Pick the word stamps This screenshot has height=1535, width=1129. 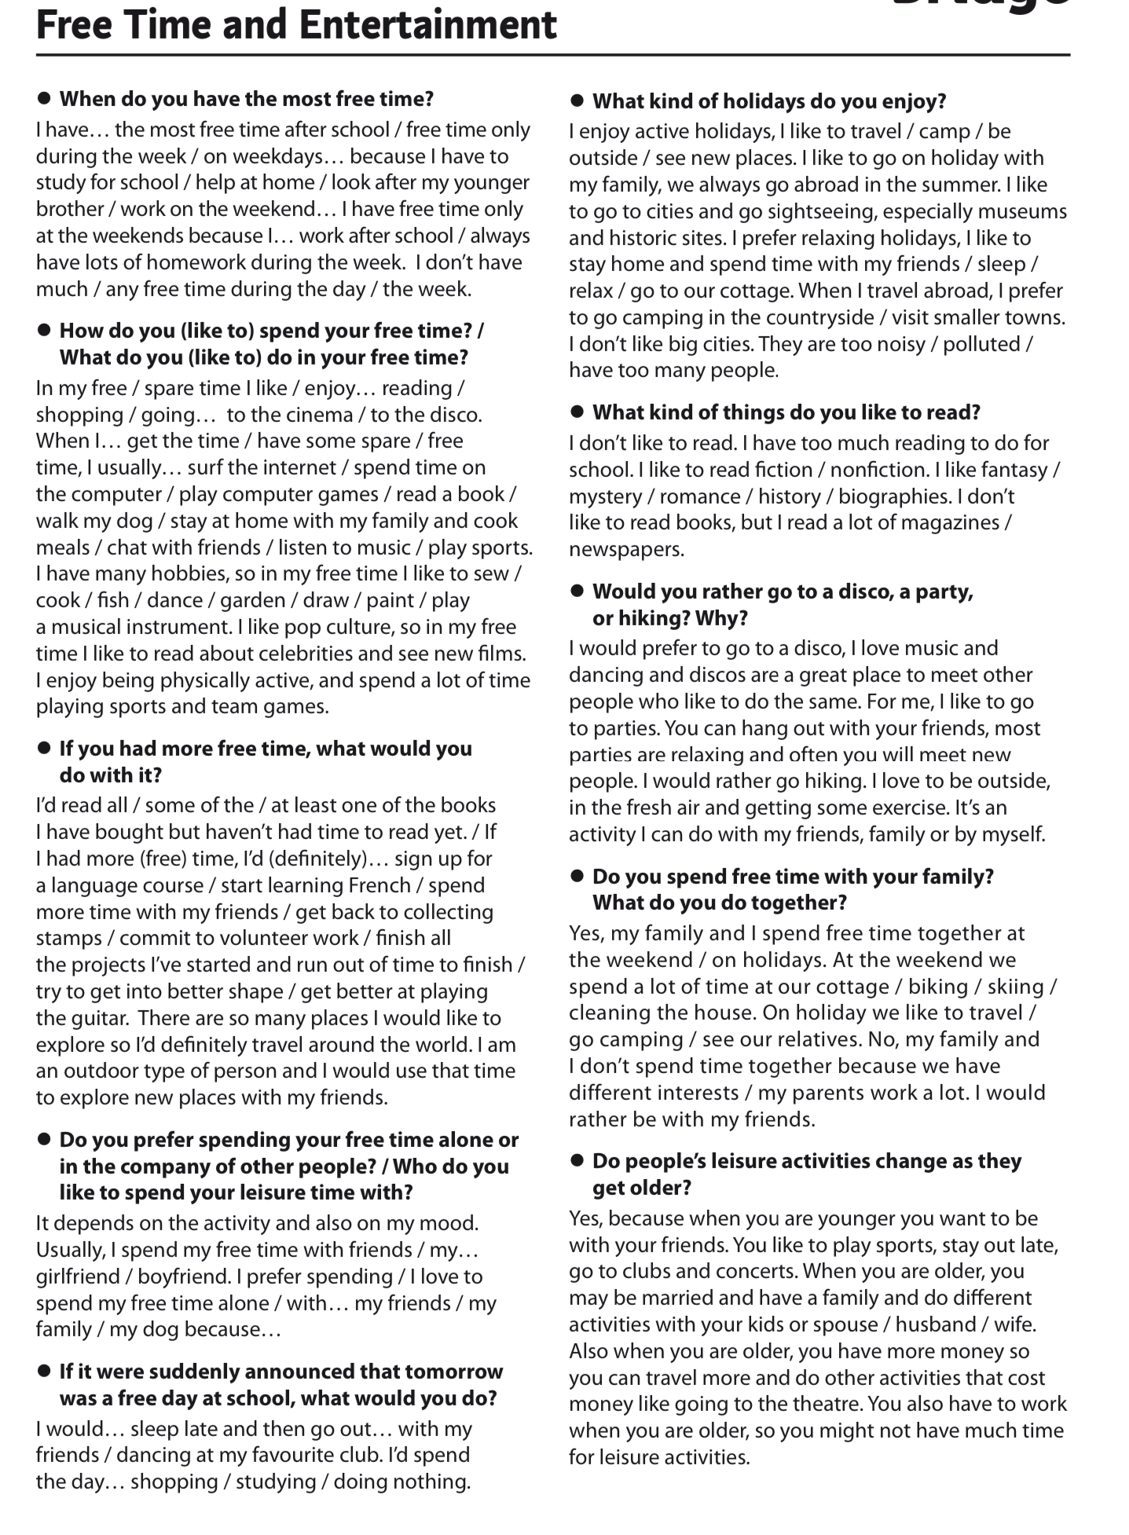coord(69,938)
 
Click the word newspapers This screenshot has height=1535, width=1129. coord(626,549)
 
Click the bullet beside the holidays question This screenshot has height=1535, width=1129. coord(577,101)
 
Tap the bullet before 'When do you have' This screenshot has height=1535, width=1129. coord(44,98)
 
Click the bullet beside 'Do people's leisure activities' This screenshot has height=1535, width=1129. coord(577,1160)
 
